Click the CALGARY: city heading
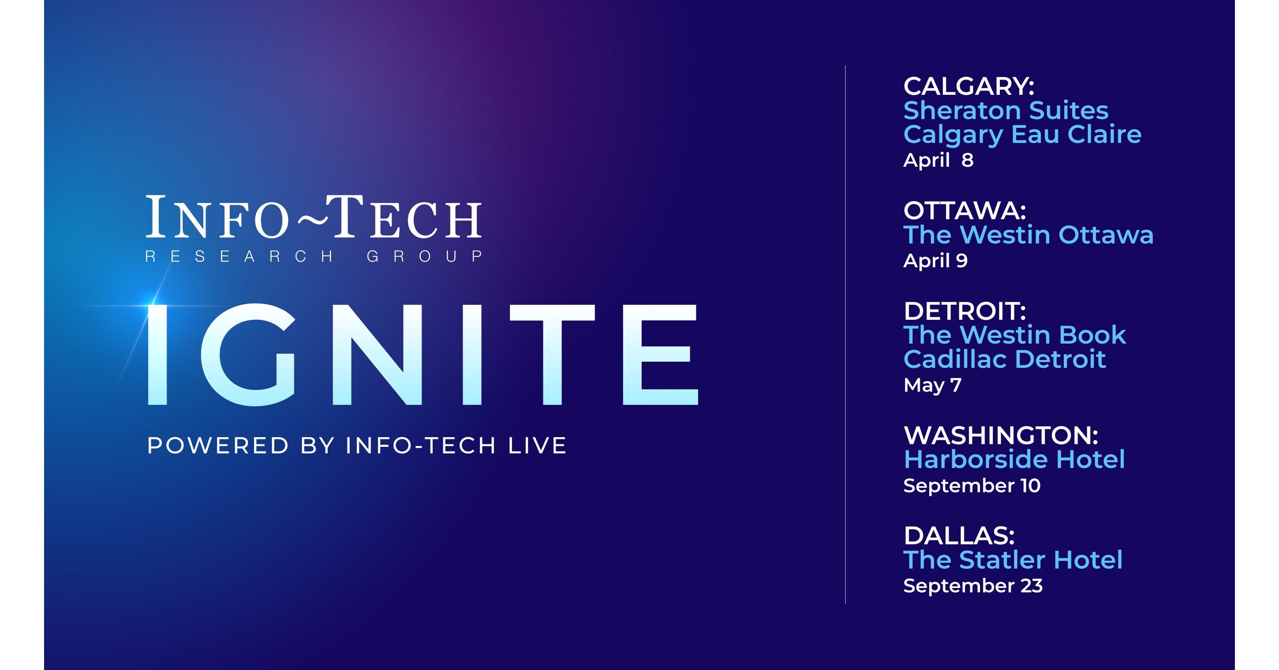(x=969, y=86)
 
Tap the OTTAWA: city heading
(x=964, y=211)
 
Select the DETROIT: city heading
(x=964, y=311)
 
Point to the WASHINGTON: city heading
(x=1000, y=435)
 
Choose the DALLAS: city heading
(x=959, y=536)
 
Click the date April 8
(x=938, y=160)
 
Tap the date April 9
(x=935, y=261)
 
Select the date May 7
(x=933, y=385)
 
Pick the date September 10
(x=971, y=485)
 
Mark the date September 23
(x=973, y=586)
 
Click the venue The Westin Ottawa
(x=1028, y=235)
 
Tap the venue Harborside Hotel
(x=1014, y=460)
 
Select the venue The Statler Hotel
(x=1013, y=560)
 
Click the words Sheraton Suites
(x=1006, y=110)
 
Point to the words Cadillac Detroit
(x=1005, y=359)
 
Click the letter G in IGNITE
(x=248, y=354)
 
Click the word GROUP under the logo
(x=425, y=256)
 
